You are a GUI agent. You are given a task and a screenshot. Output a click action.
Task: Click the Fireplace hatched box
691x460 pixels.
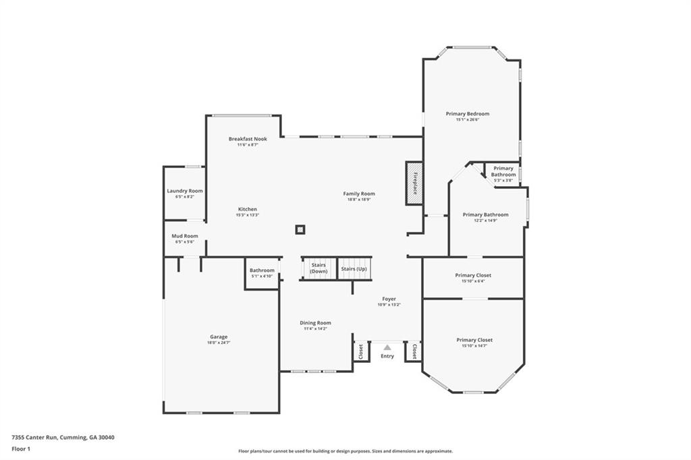pos(414,183)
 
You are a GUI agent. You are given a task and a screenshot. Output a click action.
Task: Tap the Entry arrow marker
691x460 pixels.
pos(387,348)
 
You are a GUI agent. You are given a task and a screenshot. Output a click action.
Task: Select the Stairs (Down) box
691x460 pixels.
pos(319,268)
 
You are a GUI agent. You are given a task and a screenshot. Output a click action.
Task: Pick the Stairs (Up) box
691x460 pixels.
pos(354,268)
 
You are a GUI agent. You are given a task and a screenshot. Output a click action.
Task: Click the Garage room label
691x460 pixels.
pos(218,337)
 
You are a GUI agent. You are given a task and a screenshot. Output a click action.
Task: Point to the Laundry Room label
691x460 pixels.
pos(185,191)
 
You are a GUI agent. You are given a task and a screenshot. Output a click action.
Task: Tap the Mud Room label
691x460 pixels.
pos(185,236)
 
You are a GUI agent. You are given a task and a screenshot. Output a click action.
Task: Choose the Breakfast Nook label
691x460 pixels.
pos(248,139)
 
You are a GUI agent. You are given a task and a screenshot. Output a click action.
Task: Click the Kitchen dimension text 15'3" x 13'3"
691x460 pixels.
pos(247,215)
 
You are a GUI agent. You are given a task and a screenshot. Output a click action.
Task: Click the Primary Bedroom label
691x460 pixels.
pos(468,114)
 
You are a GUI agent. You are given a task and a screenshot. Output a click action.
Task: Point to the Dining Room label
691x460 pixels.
pos(315,323)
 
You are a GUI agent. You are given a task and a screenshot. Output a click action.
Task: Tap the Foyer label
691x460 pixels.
pos(389,299)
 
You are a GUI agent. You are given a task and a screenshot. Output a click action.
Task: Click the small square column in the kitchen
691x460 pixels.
pos(300,229)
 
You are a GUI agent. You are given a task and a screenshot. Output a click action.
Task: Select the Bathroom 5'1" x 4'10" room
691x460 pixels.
pos(262,273)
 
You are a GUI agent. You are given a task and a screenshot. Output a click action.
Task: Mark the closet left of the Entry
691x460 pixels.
pos(361,351)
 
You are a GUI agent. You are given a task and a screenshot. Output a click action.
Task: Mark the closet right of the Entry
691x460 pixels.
pos(413,351)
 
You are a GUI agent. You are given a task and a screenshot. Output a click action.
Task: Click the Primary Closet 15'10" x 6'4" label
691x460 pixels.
pos(473,275)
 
